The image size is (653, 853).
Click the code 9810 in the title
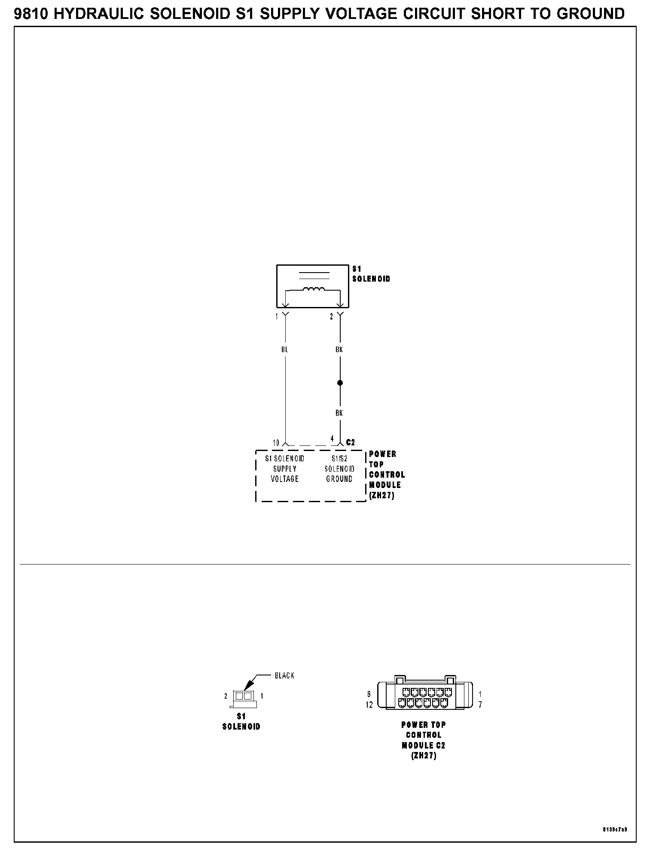coord(32,14)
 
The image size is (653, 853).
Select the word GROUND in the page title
coord(590,14)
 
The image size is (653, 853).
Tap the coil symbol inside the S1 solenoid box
coord(314,289)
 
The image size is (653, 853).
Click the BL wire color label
coord(284,350)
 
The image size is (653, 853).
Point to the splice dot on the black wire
coord(340,383)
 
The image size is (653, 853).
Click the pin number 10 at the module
coord(276,443)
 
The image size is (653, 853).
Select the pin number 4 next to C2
coord(332,439)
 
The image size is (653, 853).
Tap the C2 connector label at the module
coord(351,442)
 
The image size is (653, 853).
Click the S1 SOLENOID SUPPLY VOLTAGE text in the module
coord(284,469)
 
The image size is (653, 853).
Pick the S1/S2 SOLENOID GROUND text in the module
coord(339,469)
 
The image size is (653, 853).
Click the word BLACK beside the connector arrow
coord(284,676)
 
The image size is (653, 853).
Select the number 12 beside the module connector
coord(369,705)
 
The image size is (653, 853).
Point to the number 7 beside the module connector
coord(480,705)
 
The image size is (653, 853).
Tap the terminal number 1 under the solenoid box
coord(277,317)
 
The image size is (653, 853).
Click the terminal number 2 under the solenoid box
coord(331,317)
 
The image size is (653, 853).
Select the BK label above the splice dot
coord(339,350)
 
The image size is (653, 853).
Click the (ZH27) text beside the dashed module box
coord(381,495)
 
